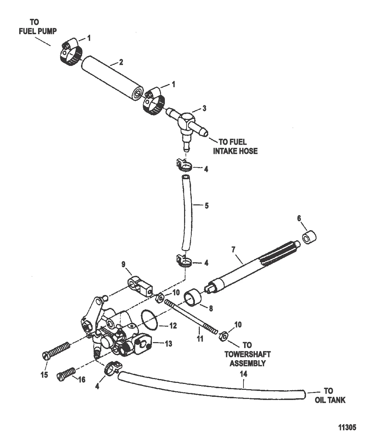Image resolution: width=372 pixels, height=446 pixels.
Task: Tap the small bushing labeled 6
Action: click(x=309, y=239)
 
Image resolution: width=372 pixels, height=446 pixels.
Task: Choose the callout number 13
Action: click(x=168, y=344)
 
